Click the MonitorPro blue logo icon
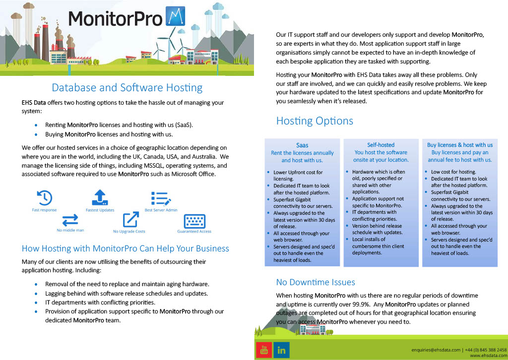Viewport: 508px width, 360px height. point(175,16)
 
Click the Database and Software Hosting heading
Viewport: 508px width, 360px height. point(127,87)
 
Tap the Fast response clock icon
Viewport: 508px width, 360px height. point(44,197)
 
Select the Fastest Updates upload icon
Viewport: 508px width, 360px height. point(100,197)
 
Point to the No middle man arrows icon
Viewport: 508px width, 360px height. point(70,220)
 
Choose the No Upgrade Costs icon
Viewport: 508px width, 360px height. point(131,220)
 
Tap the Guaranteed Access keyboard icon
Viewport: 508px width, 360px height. point(194,222)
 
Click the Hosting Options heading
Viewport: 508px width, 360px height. point(315,121)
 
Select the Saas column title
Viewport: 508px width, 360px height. point(302,145)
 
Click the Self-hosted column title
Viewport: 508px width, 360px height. point(381,145)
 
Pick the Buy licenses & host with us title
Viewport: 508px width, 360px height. point(460,145)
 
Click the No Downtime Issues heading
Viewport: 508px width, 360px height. point(316,282)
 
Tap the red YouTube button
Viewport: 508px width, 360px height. point(264,350)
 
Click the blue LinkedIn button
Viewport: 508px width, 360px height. point(281,350)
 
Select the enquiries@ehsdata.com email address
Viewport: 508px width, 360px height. point(436,350)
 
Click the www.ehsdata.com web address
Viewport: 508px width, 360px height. point(488,356)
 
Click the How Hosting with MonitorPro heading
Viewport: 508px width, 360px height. point(126,248)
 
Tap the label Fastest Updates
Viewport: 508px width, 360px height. point(100,210)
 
